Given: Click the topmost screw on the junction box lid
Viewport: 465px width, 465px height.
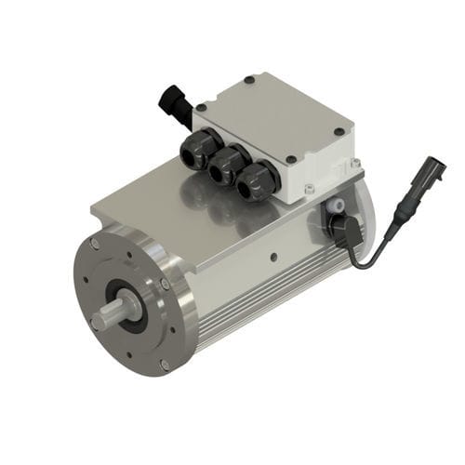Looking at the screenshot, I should click(x=249, y=81).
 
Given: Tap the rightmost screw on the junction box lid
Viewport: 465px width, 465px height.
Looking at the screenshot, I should click(x=339, y=131).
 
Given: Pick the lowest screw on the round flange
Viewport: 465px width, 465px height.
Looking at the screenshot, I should click(x=165, y=365).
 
